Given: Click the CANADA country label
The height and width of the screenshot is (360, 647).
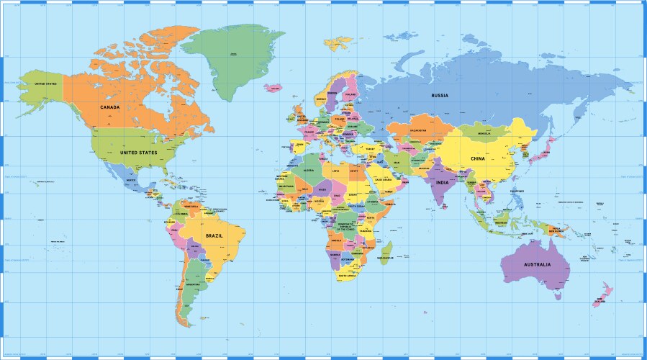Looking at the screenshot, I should click(109, 107).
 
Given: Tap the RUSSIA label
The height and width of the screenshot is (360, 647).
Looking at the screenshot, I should click(440, 96).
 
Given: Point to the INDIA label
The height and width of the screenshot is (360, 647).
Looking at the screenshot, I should click(442, 181).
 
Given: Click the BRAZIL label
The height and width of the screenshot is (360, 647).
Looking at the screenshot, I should click(214, 235).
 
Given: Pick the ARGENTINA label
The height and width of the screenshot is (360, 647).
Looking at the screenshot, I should click(193, 285).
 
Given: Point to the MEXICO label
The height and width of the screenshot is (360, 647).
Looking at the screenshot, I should click(131, 180).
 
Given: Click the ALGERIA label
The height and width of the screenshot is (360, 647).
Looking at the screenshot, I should click(310, 171).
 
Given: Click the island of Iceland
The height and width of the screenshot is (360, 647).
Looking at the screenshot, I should click(273, 88).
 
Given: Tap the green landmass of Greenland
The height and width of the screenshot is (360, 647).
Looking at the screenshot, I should click(230, 58).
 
